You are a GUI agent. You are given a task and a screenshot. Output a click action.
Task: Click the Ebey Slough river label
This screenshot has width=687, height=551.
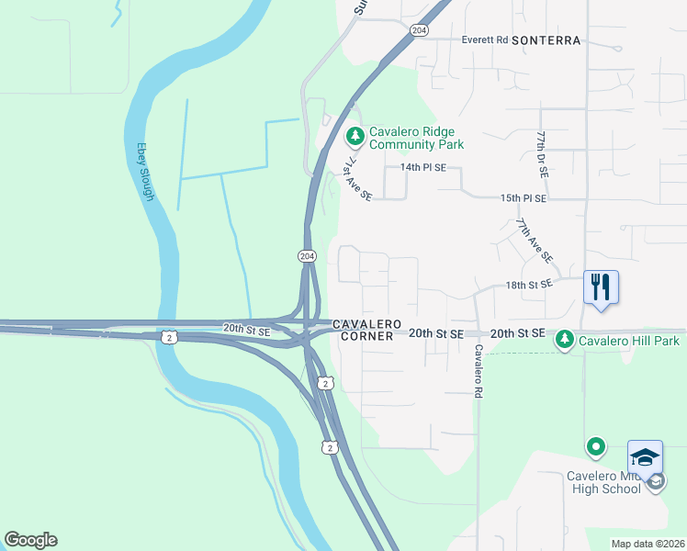click(146, 171)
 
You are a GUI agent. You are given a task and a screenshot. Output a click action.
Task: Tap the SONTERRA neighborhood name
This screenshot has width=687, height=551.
click(546, 40)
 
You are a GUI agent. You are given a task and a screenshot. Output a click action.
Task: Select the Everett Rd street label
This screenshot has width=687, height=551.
click(485, 40)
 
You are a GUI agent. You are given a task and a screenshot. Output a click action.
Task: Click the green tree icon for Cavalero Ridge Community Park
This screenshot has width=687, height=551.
click(355, 137)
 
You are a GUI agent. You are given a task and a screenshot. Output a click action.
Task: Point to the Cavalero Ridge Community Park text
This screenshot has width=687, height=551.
click(416, 138)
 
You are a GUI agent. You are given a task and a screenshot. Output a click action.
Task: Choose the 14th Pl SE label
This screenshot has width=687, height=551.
click(422, 168)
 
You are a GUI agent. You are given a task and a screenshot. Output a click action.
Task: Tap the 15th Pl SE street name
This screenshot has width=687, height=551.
click(524, 198)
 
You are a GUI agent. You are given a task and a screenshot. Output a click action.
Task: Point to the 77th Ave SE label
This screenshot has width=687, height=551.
click(534, 240)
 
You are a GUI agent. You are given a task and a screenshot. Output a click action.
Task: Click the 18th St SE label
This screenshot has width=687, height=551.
click(529, 285)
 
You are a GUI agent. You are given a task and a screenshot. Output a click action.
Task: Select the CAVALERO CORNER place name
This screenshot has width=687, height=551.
click(366, 331)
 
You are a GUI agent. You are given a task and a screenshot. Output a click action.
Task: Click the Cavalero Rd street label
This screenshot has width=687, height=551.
click(479, 371)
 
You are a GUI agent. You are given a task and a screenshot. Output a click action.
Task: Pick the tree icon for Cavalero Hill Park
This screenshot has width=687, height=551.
click(564, 342)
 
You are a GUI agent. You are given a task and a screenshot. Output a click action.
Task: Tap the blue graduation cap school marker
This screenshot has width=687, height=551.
click(645, 457)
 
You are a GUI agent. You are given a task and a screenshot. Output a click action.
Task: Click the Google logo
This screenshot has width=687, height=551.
click(30, 540)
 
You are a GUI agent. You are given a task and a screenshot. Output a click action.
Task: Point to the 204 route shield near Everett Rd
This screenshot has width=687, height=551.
click(419, 30)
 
